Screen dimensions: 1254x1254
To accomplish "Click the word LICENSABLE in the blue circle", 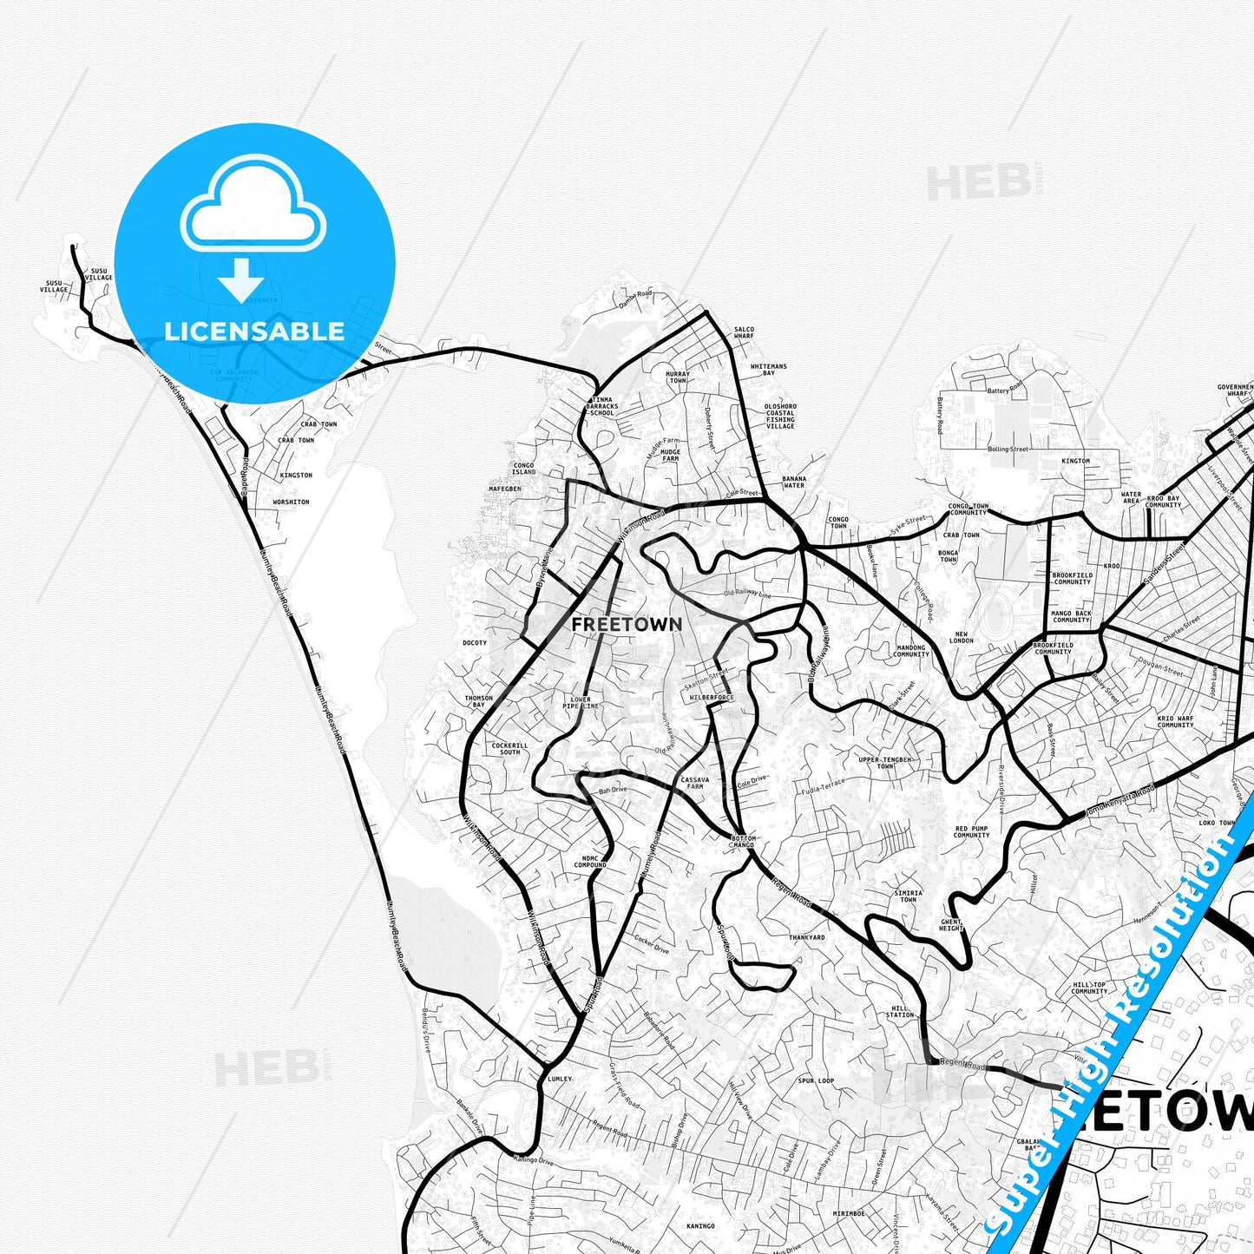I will pos(254,332).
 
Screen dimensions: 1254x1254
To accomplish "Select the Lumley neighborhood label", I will pos(560,1079).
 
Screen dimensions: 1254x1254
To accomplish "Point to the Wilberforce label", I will pos(712,698).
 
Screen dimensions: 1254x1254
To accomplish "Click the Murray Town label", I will pos(678,378).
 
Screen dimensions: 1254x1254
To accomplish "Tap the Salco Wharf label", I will pos(744,332).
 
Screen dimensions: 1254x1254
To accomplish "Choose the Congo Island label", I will pos(523,469).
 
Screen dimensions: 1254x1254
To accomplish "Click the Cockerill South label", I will pos(509,748).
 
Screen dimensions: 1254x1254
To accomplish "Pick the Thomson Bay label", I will pos(479,701).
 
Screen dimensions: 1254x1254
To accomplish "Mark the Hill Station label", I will pos(900,1012).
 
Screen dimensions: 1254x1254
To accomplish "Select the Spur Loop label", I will pos(816,1080).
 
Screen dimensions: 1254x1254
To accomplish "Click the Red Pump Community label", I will pos(971,831).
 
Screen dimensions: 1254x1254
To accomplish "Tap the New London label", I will pos(962,637).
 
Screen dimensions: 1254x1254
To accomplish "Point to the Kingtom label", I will pos(1075,461).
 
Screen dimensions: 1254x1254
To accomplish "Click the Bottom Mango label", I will pos(744,842).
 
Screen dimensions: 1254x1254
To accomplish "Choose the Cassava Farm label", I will pos(695,783).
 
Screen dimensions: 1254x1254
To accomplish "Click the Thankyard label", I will pos(807,937).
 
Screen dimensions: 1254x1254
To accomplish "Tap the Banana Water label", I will pos(794,482).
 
